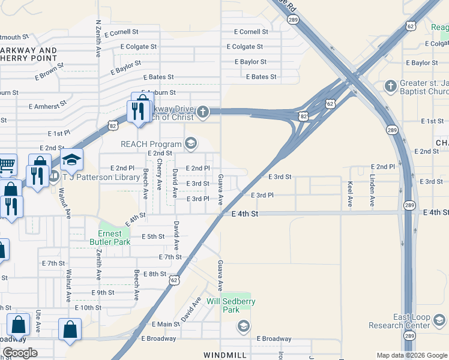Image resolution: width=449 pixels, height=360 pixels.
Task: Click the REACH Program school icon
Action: (191, 143)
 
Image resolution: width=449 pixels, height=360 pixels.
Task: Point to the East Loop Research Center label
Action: (419, 321)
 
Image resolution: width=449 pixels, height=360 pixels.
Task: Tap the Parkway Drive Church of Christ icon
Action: (203, 111)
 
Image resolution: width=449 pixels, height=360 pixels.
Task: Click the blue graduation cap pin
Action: (71, 160)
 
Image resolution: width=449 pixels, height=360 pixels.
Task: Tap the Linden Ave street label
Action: (372, 191)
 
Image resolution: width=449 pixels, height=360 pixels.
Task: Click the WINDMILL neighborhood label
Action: (225, 355)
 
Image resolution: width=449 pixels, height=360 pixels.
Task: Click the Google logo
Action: (19, 353)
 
